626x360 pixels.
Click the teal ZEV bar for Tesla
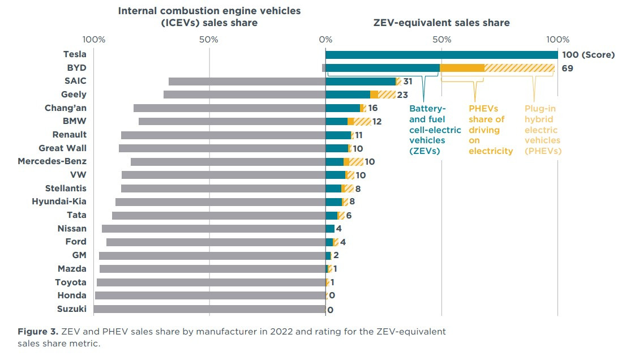[x=441, y=54]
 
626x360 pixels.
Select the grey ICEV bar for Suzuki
[x=209, y=309]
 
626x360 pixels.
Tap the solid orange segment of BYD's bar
[x=462, y=68]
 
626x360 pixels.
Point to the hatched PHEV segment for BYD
[x=519, y=68]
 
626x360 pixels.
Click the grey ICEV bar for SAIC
[x=247, y=82]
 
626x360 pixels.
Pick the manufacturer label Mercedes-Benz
[x=52, y=161]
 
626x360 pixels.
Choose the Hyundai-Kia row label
[x=59, y=202]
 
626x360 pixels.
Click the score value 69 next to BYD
[x=566, y=68]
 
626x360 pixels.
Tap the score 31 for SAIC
[x=408, y=82]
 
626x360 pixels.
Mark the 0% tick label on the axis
[x=325, y=40]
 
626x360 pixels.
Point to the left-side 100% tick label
[x=94, y=40]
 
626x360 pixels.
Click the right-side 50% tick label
[x=441, y=40]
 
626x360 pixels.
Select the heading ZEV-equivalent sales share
[x=441, y=23]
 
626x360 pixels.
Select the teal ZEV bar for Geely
[x=348, y=95]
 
